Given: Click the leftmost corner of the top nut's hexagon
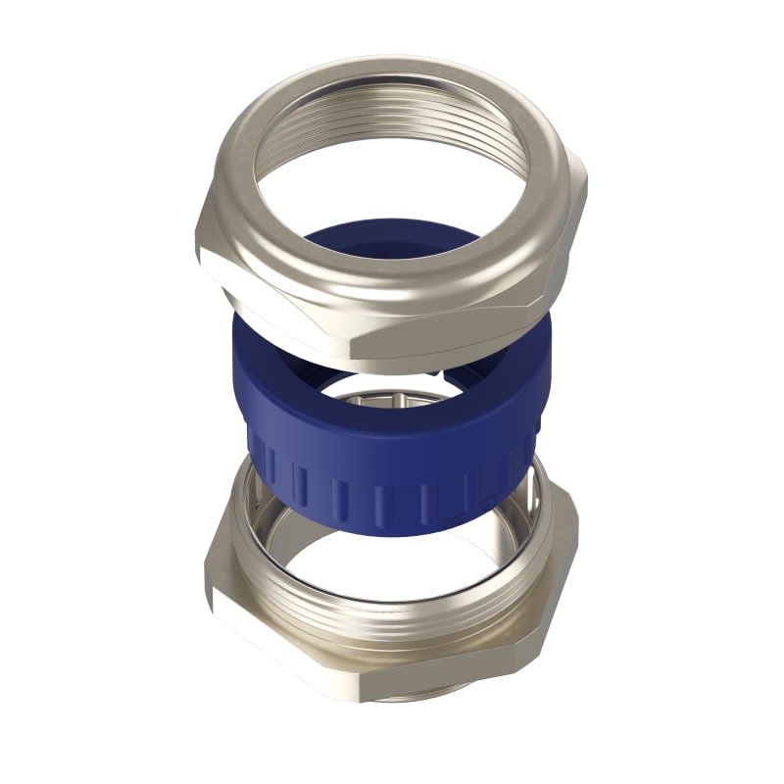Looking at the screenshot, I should pos(200,250).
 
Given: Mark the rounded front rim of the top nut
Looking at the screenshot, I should pos(392,284).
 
